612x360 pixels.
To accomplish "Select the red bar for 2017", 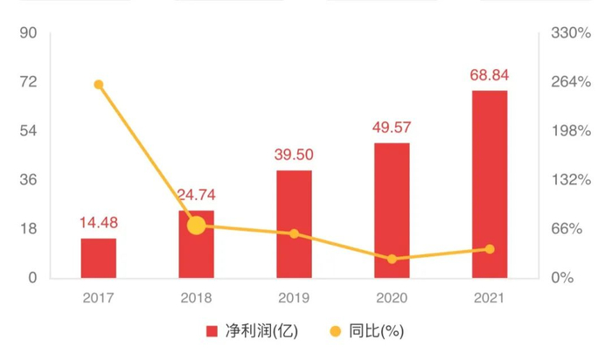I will point(99,259).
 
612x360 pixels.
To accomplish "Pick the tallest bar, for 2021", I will point(490,183).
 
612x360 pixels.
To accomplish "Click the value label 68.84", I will point(490,76).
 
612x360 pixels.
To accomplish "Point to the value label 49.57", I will point(392,128).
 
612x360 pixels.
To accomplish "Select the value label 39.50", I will point(294,156).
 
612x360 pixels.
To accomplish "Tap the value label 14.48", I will point(99,224).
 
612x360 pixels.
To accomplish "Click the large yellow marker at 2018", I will point(197,225).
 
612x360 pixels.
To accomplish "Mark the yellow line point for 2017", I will point(99,85).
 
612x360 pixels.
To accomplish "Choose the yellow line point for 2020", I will point(392,259).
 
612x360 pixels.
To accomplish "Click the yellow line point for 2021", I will point(490,249).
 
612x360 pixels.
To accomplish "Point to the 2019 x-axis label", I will point(294,298).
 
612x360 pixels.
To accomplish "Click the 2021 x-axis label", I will point(490,298).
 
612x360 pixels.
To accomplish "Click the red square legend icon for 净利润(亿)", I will point(212,332).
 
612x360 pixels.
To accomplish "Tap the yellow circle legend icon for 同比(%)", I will point(335,332).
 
